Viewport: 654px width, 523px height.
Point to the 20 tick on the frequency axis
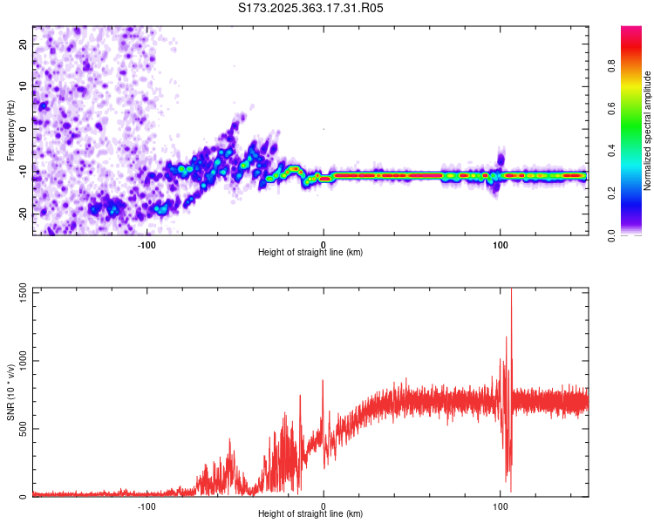(x=24, y=43)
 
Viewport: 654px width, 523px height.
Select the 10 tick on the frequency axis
(x=24, y=85)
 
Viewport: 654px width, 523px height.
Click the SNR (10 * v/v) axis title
(x=10, y=392)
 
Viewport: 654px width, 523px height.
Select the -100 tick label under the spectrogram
(x=146, y=244)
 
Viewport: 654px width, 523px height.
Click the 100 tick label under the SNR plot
(x=501, y=506)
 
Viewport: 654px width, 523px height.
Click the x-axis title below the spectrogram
(x=311, y=253)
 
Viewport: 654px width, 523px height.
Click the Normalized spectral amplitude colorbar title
(x=648, y=131)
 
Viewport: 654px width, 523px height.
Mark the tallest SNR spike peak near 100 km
(x=511, y=290)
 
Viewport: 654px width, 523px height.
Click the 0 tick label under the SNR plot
(x=324, y=506)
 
